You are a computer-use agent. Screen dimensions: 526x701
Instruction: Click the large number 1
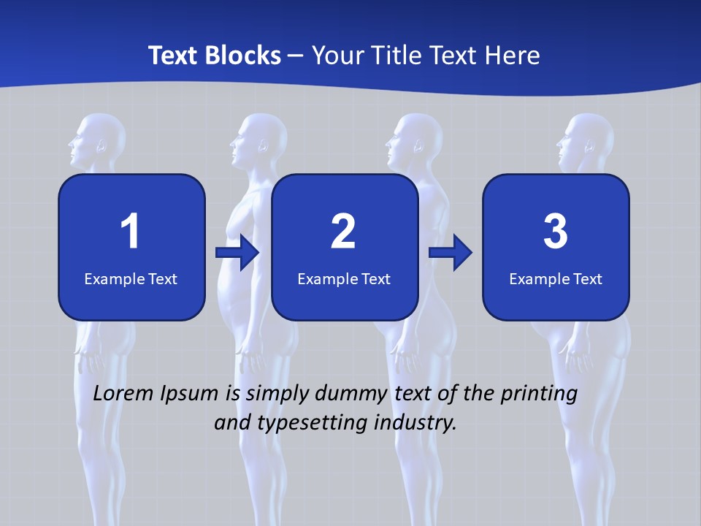(130, 232)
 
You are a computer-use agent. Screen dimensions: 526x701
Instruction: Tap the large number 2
(343, 232)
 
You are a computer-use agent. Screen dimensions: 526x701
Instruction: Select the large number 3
(556, 232)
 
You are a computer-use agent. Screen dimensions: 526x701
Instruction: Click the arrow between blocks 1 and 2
(237, 253)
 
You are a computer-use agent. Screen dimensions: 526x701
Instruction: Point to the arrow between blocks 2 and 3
(451, 253)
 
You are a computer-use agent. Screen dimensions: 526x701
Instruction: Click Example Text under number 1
(131, 278)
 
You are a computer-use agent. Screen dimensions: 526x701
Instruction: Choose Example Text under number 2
(344, 278)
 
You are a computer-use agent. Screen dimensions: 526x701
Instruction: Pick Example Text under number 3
(556, 278)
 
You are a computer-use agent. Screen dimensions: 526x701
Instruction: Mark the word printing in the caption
(539, 394)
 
